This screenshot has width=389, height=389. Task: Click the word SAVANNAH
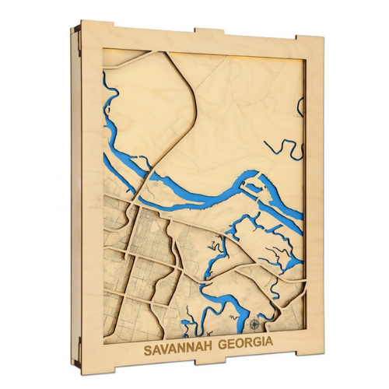click(x=172, y=343)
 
